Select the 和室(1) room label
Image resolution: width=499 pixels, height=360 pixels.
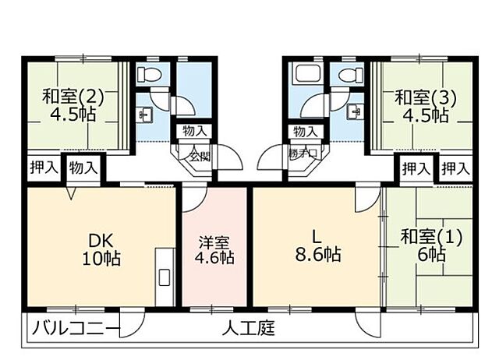pyautogui.click(x=431, y=237)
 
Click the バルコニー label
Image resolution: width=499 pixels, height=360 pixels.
pyautogui.click(x=76, y=328)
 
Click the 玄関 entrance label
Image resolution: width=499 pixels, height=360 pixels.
pyautogui.click(x=199, y=155)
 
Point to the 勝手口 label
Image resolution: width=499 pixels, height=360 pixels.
pyautogui.click(x=303, y=154)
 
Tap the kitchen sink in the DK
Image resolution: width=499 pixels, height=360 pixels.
pyautogui.click(x=164, y=277)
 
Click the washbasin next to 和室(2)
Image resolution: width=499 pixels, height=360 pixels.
pyautogui.click(x=145, y=114)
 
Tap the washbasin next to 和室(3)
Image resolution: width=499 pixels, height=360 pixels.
pyautogui.click(x=356, y=111)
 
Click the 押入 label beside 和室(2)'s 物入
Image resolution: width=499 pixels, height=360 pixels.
pyautogui.click(x=43, y=167)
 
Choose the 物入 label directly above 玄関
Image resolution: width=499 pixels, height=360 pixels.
pyautogui.click(x=194, y=130)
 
